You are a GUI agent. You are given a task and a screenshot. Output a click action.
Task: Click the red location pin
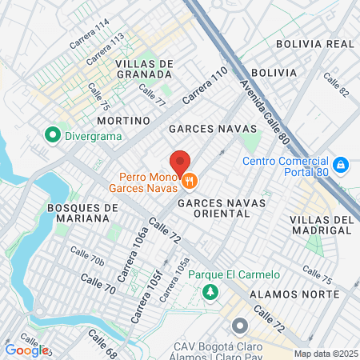pyautogui.click(x=181, y=162)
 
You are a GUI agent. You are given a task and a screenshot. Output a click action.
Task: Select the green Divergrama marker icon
pyautogui.click(x=54, y=134)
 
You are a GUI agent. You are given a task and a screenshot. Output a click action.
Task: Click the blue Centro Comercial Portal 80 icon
pyautogui.click(x=340, y=164)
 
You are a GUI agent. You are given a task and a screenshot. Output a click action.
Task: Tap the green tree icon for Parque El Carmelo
pyautogui.click(x=211, y=291)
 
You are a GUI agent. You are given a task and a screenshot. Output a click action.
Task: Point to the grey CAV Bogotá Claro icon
pyautogui.click(x=239, y=326)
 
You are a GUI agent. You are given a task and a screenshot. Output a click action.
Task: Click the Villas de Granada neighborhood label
pyautogui.click(x=144, y=70)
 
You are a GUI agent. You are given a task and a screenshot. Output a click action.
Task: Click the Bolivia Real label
pyautogui.click(x=314, y=43)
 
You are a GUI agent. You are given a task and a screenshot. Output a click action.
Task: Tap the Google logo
pyautogui.click(x=26, y=350)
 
